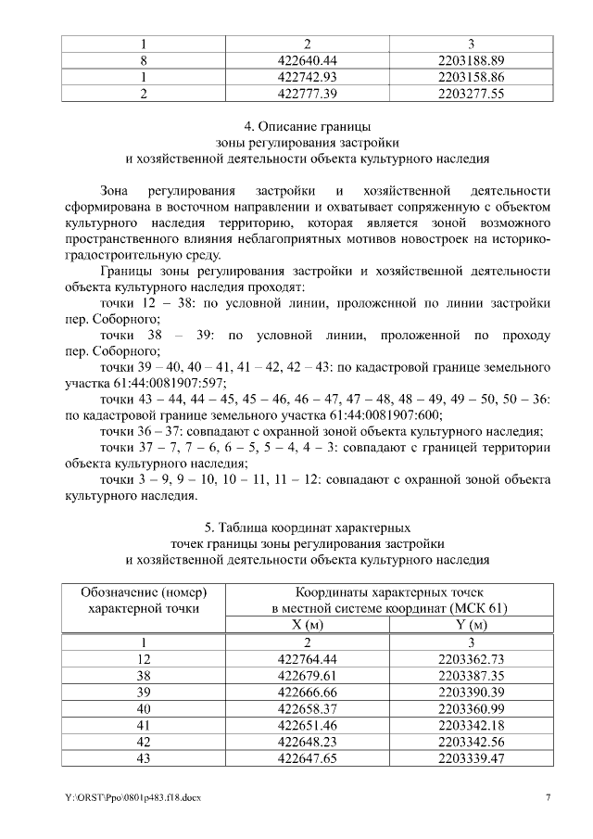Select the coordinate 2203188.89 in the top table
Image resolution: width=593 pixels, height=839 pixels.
pyautogui.click(x=471, y=60)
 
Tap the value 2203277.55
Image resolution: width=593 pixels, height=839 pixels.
pyautogui.click(x=471, y=94)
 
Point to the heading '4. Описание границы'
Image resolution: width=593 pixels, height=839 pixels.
pyautogui.click(x=307, y=126)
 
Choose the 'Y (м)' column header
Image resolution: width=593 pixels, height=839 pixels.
pyautogui.click(x=471, y=625)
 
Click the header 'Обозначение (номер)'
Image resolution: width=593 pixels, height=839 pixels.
pyautogui.click(x=144, y=591)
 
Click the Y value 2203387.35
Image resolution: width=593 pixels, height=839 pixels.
pyautogui.click(x=471, y=675)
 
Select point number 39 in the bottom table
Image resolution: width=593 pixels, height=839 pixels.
pyautogui.click(x=144, y=692)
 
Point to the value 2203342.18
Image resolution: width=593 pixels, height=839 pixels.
pyautogui.click(x=471, y=725)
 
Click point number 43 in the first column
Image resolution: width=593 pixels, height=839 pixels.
pyautogui.click(x=144, y=758)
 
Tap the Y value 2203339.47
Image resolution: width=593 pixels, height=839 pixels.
pyautogui.click(x=471, y=758)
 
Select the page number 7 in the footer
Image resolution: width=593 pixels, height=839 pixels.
pyautogui.click(x=548, y=798)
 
